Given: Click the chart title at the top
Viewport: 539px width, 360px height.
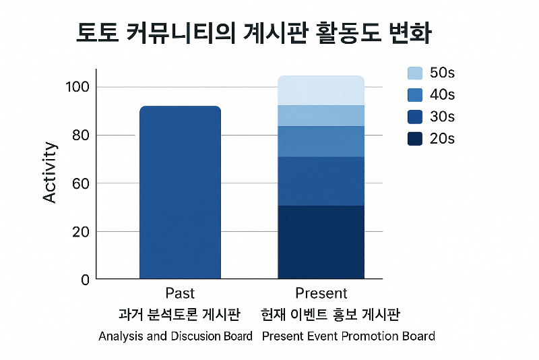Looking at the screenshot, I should pyautogui.click(x=255, y=34).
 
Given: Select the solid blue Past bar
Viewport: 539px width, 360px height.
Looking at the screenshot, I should pyautogui.click(x=180, y=192).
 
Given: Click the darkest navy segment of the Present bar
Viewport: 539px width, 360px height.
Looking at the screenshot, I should pyautogui.click(x=321, y=242).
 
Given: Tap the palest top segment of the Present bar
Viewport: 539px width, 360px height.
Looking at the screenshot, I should pyautogui.click(x=321, y=90).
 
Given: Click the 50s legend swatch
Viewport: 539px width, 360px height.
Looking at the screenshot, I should pyautogui.click(x=415, y=73).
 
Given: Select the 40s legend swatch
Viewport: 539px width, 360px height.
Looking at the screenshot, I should pyautogui.click(x=415, y=95).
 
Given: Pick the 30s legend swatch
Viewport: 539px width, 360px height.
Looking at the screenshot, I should pyautogui.click(x=415, y=117).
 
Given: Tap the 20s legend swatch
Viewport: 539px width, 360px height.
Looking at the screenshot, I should pyautogui.click(x=415, y=139).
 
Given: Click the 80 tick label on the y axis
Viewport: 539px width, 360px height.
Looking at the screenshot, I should pyautogui.click(x=80, y=136).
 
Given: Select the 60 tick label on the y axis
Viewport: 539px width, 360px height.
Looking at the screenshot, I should pyautogui.click(x=80, y=183).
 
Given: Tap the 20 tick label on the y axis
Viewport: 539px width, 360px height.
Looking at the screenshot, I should pyautogui.click(x=80, y=232).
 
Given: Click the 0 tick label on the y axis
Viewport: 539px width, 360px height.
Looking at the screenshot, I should pyautogui.click(x=85, y=280).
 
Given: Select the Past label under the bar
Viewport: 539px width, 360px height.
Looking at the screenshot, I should pyautogui.click(x=180, y=293).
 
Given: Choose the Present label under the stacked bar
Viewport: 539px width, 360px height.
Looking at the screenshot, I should pyautogui.click(x=321, y=293).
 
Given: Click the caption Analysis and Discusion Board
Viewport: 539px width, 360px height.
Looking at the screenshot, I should pyautogui.click(x=175, y=336).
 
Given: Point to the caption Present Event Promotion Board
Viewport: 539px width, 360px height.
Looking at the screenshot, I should pyautogui.click(x=348, y=336).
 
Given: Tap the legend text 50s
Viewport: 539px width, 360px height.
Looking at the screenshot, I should pyautogui.click(x=442, y=73).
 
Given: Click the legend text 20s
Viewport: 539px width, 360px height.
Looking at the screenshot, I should pyautogui.click(x=442, y=139).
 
